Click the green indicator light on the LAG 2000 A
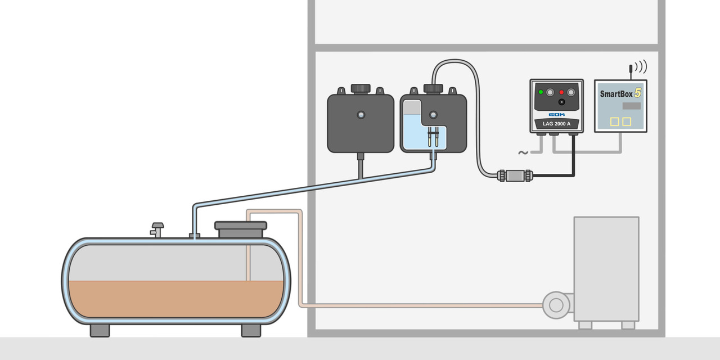[x=541, y=92]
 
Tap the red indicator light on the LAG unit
[x=561, y=92]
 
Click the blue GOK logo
[x=556, y=114]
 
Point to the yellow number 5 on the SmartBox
[x=637, y=92]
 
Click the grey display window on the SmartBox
[x=632, y=106]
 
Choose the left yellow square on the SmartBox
[x=615, y=121]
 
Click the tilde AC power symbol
[x=523, y=152]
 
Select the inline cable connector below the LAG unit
[x=515, y=175]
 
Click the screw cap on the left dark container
[x=360, y=88]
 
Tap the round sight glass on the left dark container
[x=361, y=115]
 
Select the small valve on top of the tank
[x=157, y=229]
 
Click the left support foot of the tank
[x=100, y=330]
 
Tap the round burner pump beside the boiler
[x=556, y=305]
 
